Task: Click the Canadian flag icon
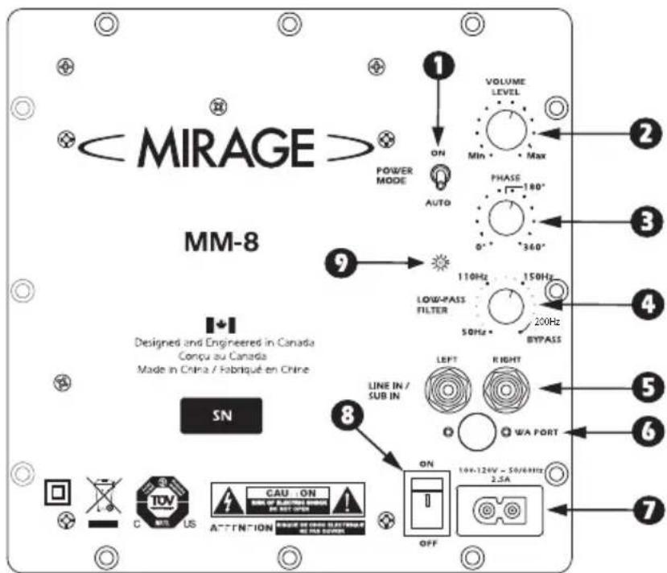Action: (220, 325)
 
